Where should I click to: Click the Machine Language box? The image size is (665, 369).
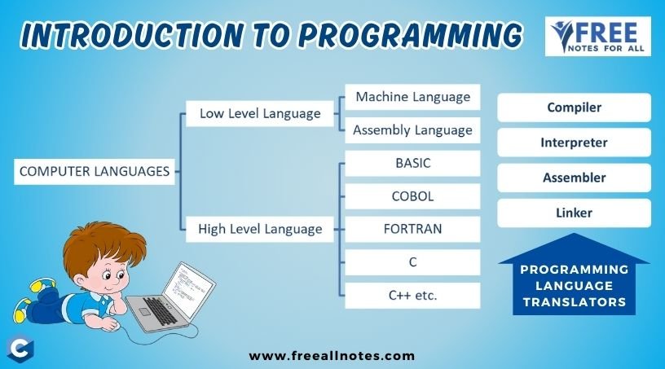(x=412, y=97)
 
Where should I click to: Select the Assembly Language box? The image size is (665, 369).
(x=412, y=130)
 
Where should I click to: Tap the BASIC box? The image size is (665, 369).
(x=412, y=163)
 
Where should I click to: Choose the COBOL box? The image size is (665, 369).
(x=412, y=196)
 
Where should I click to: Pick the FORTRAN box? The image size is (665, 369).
(x=412, y=229)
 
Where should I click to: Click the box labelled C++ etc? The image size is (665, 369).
(x=412, y=296)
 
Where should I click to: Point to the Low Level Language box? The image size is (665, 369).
(x=260, y=114)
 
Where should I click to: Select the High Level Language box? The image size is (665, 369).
(x=260, y=230)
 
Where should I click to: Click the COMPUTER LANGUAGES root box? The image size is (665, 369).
(x=95, y=172)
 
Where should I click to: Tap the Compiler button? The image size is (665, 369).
(x=574, y=108)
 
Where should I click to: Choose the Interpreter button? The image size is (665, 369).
(x=574, y=143)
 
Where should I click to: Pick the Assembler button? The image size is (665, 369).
(x=574, y=178)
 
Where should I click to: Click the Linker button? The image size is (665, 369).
(x=574, y=213)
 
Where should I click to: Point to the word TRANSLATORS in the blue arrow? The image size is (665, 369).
(x=575, y=302)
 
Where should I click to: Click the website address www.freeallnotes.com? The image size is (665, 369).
(x=332, y=355)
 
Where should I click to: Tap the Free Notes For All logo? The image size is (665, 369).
(x=598, y=37)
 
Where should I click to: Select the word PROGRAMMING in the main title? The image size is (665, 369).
(x=411, y=35)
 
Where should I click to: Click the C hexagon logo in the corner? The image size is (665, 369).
(x=20, y=349)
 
